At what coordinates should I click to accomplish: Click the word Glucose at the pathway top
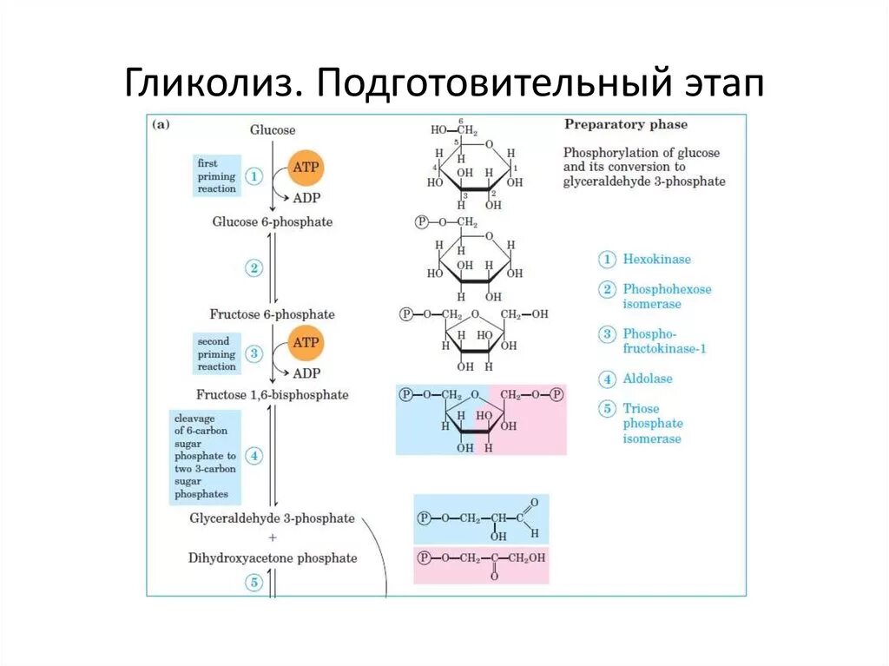pos(273,130)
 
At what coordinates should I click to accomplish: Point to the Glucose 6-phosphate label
pos(273,222)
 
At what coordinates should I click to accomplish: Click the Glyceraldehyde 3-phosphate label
pos(273,518)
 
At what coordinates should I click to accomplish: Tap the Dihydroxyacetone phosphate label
pos(273,558)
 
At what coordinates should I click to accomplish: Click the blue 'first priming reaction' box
pos(216,176)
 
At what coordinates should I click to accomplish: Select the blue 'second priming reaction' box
pos(216,354)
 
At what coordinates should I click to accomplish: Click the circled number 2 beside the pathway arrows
pos(254,268)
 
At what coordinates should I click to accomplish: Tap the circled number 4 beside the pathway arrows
pos(254,456)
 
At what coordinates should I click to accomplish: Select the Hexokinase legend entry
pos(656,260)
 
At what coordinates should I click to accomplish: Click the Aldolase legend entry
pos(647,379)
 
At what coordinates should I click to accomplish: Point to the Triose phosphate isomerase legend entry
pos(652,424)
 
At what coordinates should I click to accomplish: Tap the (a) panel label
pos(161,124)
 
